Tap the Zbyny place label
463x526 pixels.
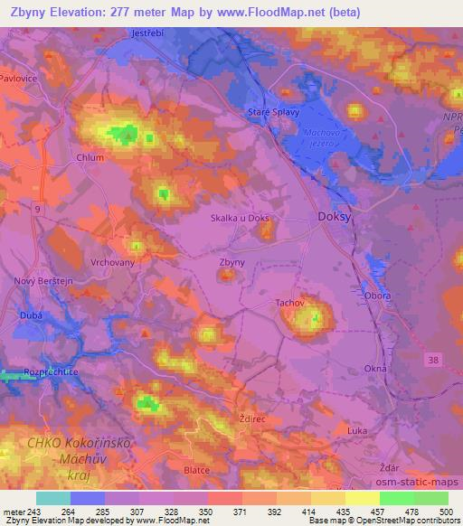(232, 263)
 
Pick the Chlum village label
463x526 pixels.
(90, 156)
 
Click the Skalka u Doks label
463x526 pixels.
(240, 218)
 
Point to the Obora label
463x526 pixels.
(377, 296)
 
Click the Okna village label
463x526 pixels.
(374, 369)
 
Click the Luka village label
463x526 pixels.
(357, 430)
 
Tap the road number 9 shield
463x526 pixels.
(38, 210)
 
